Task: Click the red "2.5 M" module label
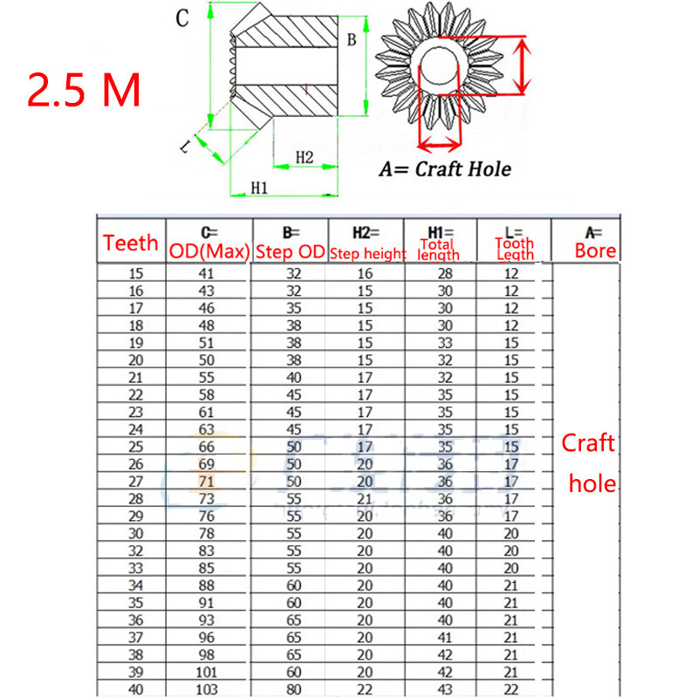pyautogui.click(x=85, y=90)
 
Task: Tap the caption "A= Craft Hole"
pyautogui.click(x=444, y=169)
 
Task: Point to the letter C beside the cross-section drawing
pyautogui.click(x=181, y=19)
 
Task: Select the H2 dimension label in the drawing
pyautogui.click(x=305, y=156)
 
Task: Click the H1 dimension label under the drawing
pyautogui.click(x=259, y=187)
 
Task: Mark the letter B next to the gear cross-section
pyautogui.click(x=351, y=39)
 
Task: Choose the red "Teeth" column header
pyautogui.click(x=131, y=243)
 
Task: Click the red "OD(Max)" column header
pyautogui.click(x=209, y=252)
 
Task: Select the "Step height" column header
pyautogui.click(x=366, y=253)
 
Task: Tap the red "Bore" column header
pyautogui.click(x=595, y=251)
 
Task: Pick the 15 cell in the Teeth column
pyautogui.click(x=136, y=273)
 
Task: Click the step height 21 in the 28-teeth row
pyautogui.click(x=365, y=497)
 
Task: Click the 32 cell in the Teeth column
pyautogui.click(x=136, y=551)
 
